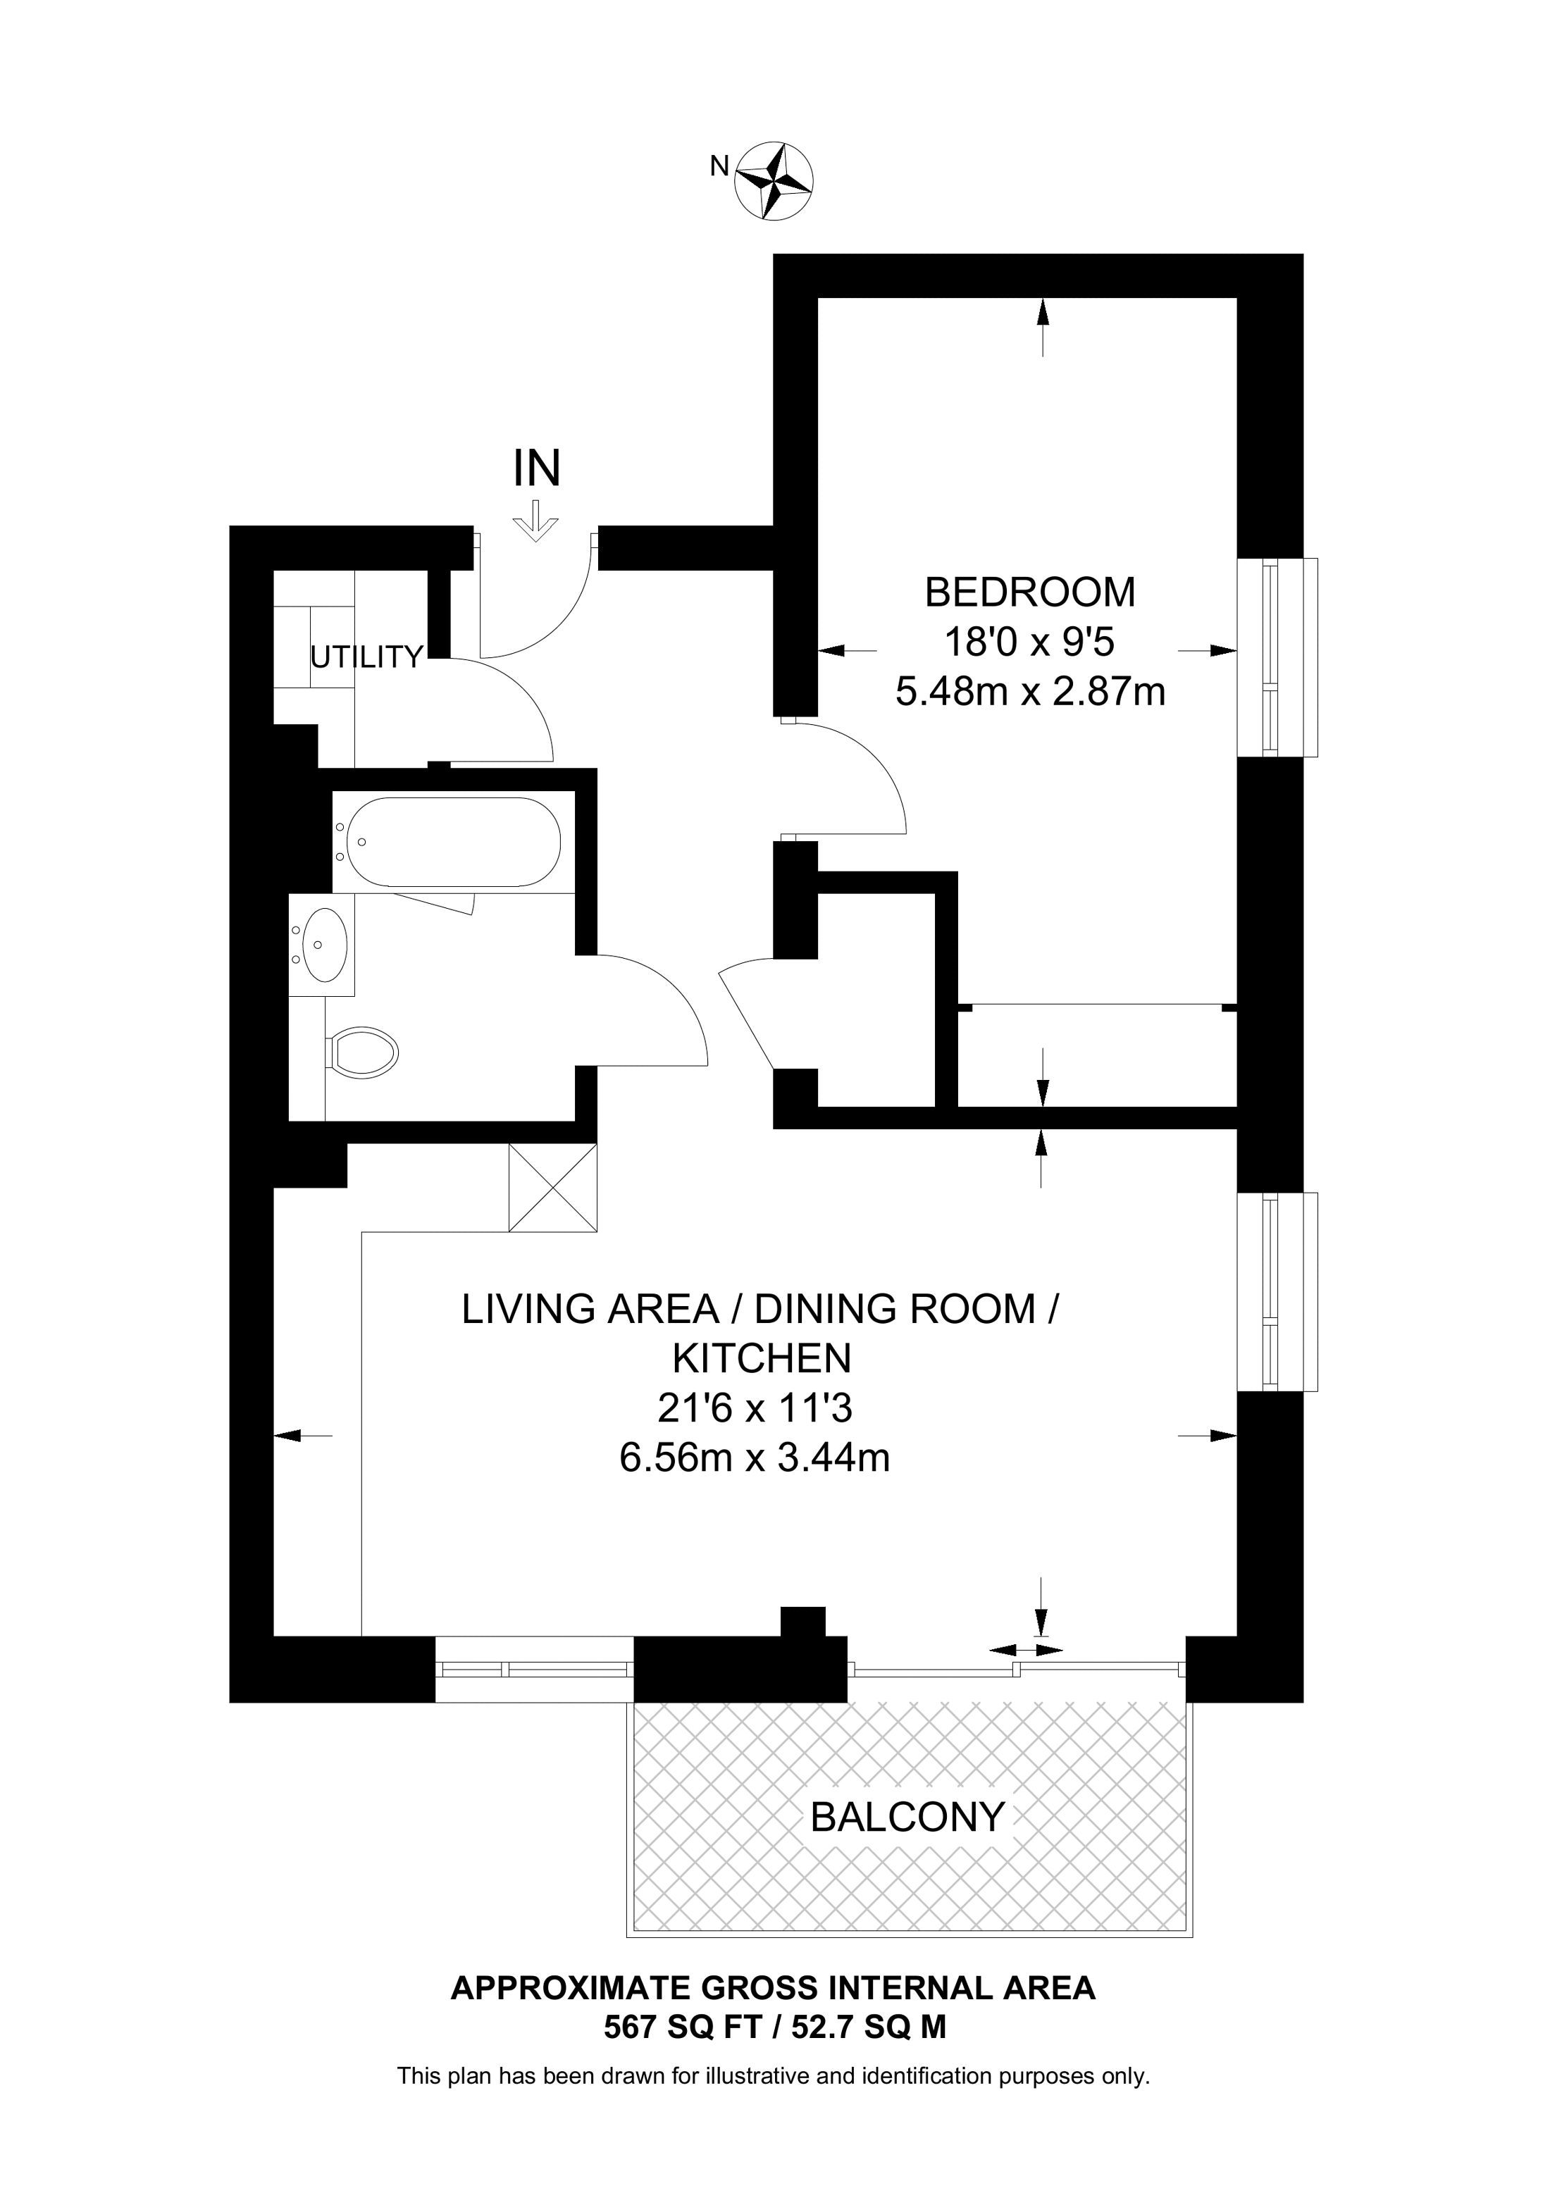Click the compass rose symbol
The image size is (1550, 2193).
[774, 179]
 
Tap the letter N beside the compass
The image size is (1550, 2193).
[719, 166]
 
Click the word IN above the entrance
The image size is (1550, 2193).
[537, 469]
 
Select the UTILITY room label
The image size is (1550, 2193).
[367, 657]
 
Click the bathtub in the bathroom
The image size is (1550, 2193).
[454, 841]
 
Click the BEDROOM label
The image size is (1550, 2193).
[1031, 592]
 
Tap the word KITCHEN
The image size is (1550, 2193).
[761, 1358]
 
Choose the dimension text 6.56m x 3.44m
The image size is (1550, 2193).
[755, 1458]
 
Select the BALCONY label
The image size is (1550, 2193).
[907, 1817]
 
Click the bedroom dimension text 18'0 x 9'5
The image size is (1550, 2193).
[1029, 642]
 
